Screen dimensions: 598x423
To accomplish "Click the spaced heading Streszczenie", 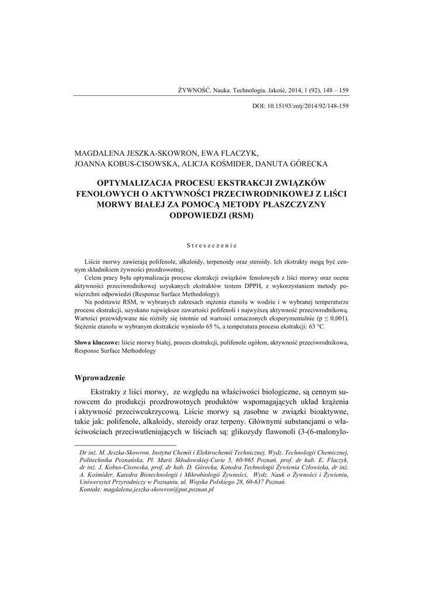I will pos(211,246).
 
